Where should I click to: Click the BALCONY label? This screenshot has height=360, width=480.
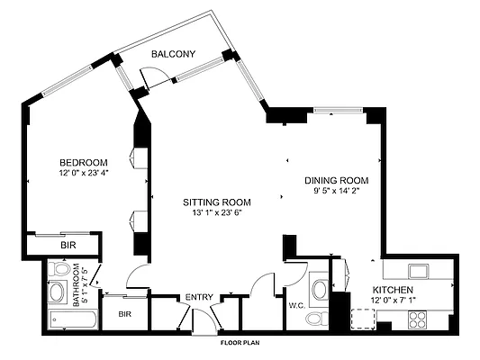(173, 55)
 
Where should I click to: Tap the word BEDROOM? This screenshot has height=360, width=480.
(84, 162)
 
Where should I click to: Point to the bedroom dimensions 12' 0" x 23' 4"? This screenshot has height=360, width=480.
(84, 173)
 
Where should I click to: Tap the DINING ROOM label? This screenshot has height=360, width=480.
(336, 180)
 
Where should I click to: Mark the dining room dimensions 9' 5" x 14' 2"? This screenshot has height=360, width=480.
(336, 191)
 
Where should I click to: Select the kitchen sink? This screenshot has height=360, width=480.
(418, 270)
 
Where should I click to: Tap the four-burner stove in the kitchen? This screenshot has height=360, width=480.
(421, 318)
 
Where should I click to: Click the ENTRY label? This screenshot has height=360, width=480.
(199, 298)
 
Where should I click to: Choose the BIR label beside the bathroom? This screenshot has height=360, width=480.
(125, 314)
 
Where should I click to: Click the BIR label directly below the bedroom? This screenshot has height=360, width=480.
(68, 245)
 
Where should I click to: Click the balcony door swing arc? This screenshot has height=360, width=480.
(153, 78)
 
